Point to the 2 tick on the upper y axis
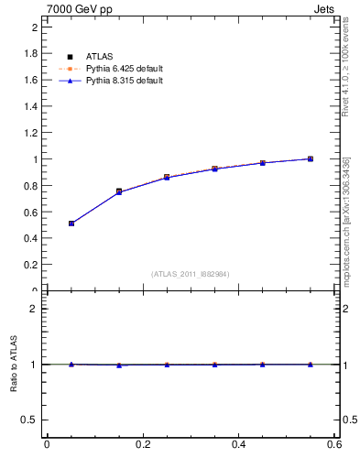(33, 27)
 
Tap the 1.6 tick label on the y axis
(29, 80)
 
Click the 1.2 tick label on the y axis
(29, 133)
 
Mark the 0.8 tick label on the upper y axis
(29, 186)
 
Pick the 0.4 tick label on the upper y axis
(29, 238)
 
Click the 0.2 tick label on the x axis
(142, 445)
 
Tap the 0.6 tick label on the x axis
(334, 445)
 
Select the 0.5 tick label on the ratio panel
(29, 420)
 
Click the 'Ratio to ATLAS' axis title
(13, 364)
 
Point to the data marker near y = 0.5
(71, 224)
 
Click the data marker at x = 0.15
(119, 191)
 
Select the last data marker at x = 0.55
(311, 158)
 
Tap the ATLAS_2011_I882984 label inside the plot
(191, 274)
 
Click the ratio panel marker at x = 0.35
(214, 365)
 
